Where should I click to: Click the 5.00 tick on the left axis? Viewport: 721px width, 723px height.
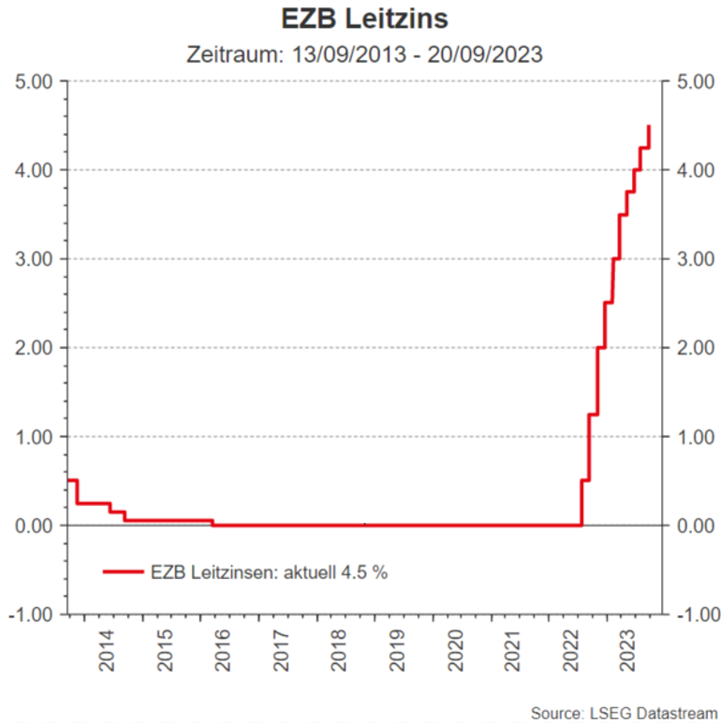37,81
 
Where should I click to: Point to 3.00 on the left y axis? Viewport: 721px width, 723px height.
37,259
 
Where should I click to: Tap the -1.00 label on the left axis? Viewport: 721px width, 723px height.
35,615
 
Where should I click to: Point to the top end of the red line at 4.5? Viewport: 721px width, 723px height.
649,126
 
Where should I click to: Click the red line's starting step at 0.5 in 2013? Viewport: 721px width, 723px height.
71,481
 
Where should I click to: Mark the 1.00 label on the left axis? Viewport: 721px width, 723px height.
37,437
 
